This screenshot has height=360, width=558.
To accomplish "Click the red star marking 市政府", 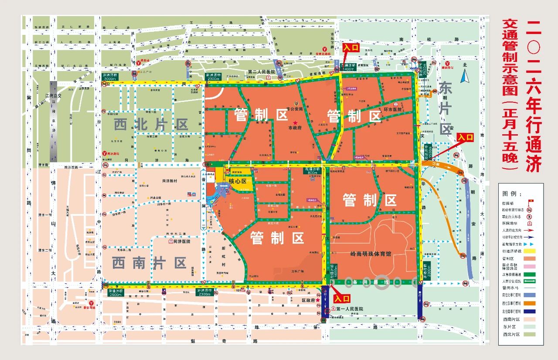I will pos(295,123).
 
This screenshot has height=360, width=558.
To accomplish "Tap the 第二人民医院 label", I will pos(262,71).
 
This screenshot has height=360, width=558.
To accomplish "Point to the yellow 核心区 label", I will pos(238,181).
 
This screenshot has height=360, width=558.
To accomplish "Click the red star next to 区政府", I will pos(318,300).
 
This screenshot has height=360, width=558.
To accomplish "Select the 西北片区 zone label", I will pos(151,125).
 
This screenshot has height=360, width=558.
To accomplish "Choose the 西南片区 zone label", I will pos(149,263).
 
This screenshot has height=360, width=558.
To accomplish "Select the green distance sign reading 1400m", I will pos(348,67).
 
